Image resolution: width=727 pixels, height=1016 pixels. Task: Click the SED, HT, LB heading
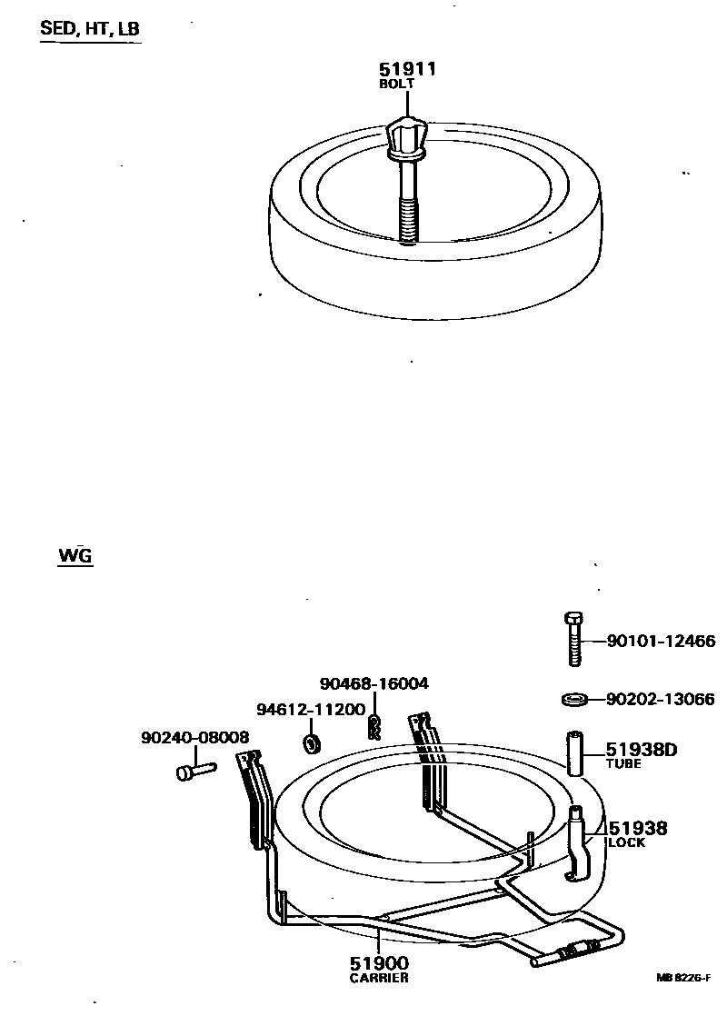tap(90, 29)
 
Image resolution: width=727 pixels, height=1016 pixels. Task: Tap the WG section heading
tap(75, 555)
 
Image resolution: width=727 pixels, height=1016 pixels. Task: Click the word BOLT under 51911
tap(396, 84)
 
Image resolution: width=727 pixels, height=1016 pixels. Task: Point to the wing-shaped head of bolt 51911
tap(406, 136)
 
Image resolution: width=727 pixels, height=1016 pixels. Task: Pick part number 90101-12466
tap(661, 642)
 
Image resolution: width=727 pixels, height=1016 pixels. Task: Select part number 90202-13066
tap(661, 699)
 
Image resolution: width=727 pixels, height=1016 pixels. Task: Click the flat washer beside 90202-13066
tap(573, 699)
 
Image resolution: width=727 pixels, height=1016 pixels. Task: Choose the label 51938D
tap(643, 750)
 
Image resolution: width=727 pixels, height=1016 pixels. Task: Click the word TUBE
tap(623, 764)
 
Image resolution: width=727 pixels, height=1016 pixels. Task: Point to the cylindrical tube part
tap(574, 752)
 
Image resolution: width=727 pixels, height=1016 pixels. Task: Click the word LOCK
tap(626, 842)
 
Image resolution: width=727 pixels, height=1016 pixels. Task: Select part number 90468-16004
tap(373, 683)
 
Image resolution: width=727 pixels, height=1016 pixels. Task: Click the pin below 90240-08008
tap(193, 772)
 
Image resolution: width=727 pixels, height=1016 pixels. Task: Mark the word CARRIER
tap(379, 978)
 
